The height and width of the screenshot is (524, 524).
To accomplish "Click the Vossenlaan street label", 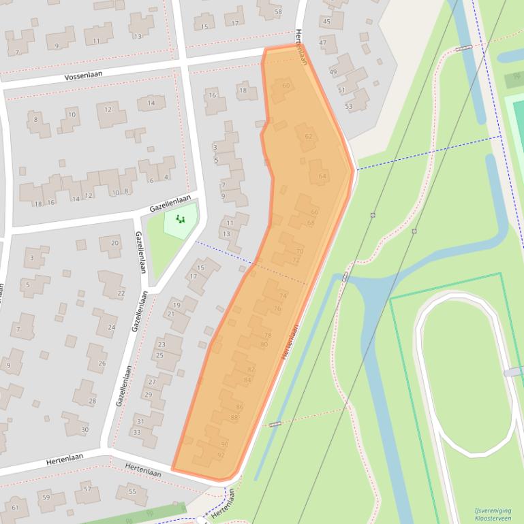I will (82, 76).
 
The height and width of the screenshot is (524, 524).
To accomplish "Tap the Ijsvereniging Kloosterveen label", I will (493, 514).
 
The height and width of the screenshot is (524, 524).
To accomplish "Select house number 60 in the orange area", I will (286, 85).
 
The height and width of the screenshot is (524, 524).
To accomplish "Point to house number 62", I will (309, 136).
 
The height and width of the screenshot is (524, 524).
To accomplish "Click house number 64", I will (322, 176).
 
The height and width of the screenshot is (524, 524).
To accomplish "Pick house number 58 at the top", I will (278, 12).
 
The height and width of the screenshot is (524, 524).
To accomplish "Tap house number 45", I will (326, 21).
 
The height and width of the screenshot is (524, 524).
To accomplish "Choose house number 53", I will (349, 106).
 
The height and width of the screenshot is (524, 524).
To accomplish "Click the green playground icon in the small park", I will (181, 219).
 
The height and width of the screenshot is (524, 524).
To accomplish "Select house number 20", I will (114, 243).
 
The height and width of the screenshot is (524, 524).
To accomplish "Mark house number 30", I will (84, 429).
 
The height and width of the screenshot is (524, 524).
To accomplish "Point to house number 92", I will (221, 455).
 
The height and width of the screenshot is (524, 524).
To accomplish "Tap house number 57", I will (87, 489).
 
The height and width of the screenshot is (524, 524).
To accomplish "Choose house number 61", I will (15, 507).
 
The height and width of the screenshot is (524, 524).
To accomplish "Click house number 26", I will (102, 363).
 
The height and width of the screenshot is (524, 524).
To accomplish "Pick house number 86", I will (239, 406).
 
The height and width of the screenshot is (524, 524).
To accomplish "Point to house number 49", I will (333, 71).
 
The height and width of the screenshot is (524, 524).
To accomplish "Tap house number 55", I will (132, 491).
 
